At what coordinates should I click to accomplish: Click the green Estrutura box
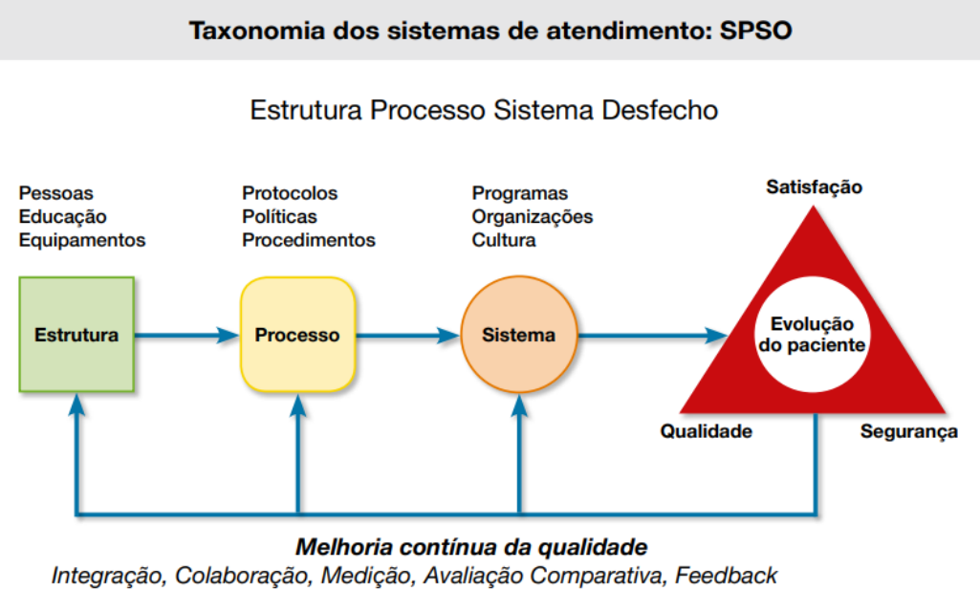pyautogui.click(x=76, y=335)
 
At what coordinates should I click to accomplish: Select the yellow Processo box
pyautogui.click(x=297, y=335)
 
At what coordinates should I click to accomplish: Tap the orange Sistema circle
pyautogui.click(x=519, y=335)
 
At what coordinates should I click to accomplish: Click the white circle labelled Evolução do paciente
pyautogui.click(x=813, y=334)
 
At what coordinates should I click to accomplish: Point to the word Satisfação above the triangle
pyautogui.click(x=814, y=187)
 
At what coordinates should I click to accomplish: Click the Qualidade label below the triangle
pyautogui.click(x=706, y=431)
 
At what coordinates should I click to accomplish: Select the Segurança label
pyautogui.click(x=908, y=431)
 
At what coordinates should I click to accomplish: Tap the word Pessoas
pyautogui.click(x=56, y=194)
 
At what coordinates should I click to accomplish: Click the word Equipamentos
pyautogui.click(x=82, y=240)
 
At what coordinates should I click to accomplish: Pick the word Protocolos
pyautogui.click(x=290, y=194)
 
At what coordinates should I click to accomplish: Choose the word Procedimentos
pyautogui.click(x=309, y=240)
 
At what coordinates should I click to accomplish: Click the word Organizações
pyautogui.click(x=532, y=217)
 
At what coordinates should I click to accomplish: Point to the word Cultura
pyautogui.click(x=504, y=240)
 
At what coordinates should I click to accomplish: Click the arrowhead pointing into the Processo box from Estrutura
pyautogui.click(x=228, y=335)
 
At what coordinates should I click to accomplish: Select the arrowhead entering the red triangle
pyautogui.click(x=717, y=335)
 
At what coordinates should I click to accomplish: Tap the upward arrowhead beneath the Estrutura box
pyautogui.click(x=77, y=405)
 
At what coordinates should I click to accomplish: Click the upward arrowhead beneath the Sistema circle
pyautogui.click(x=519, y=405)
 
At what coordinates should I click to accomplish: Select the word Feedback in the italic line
pyautogui.click(x=726, y=576)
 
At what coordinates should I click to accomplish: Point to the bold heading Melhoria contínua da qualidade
pyautogui.click(x=471, y=548)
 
